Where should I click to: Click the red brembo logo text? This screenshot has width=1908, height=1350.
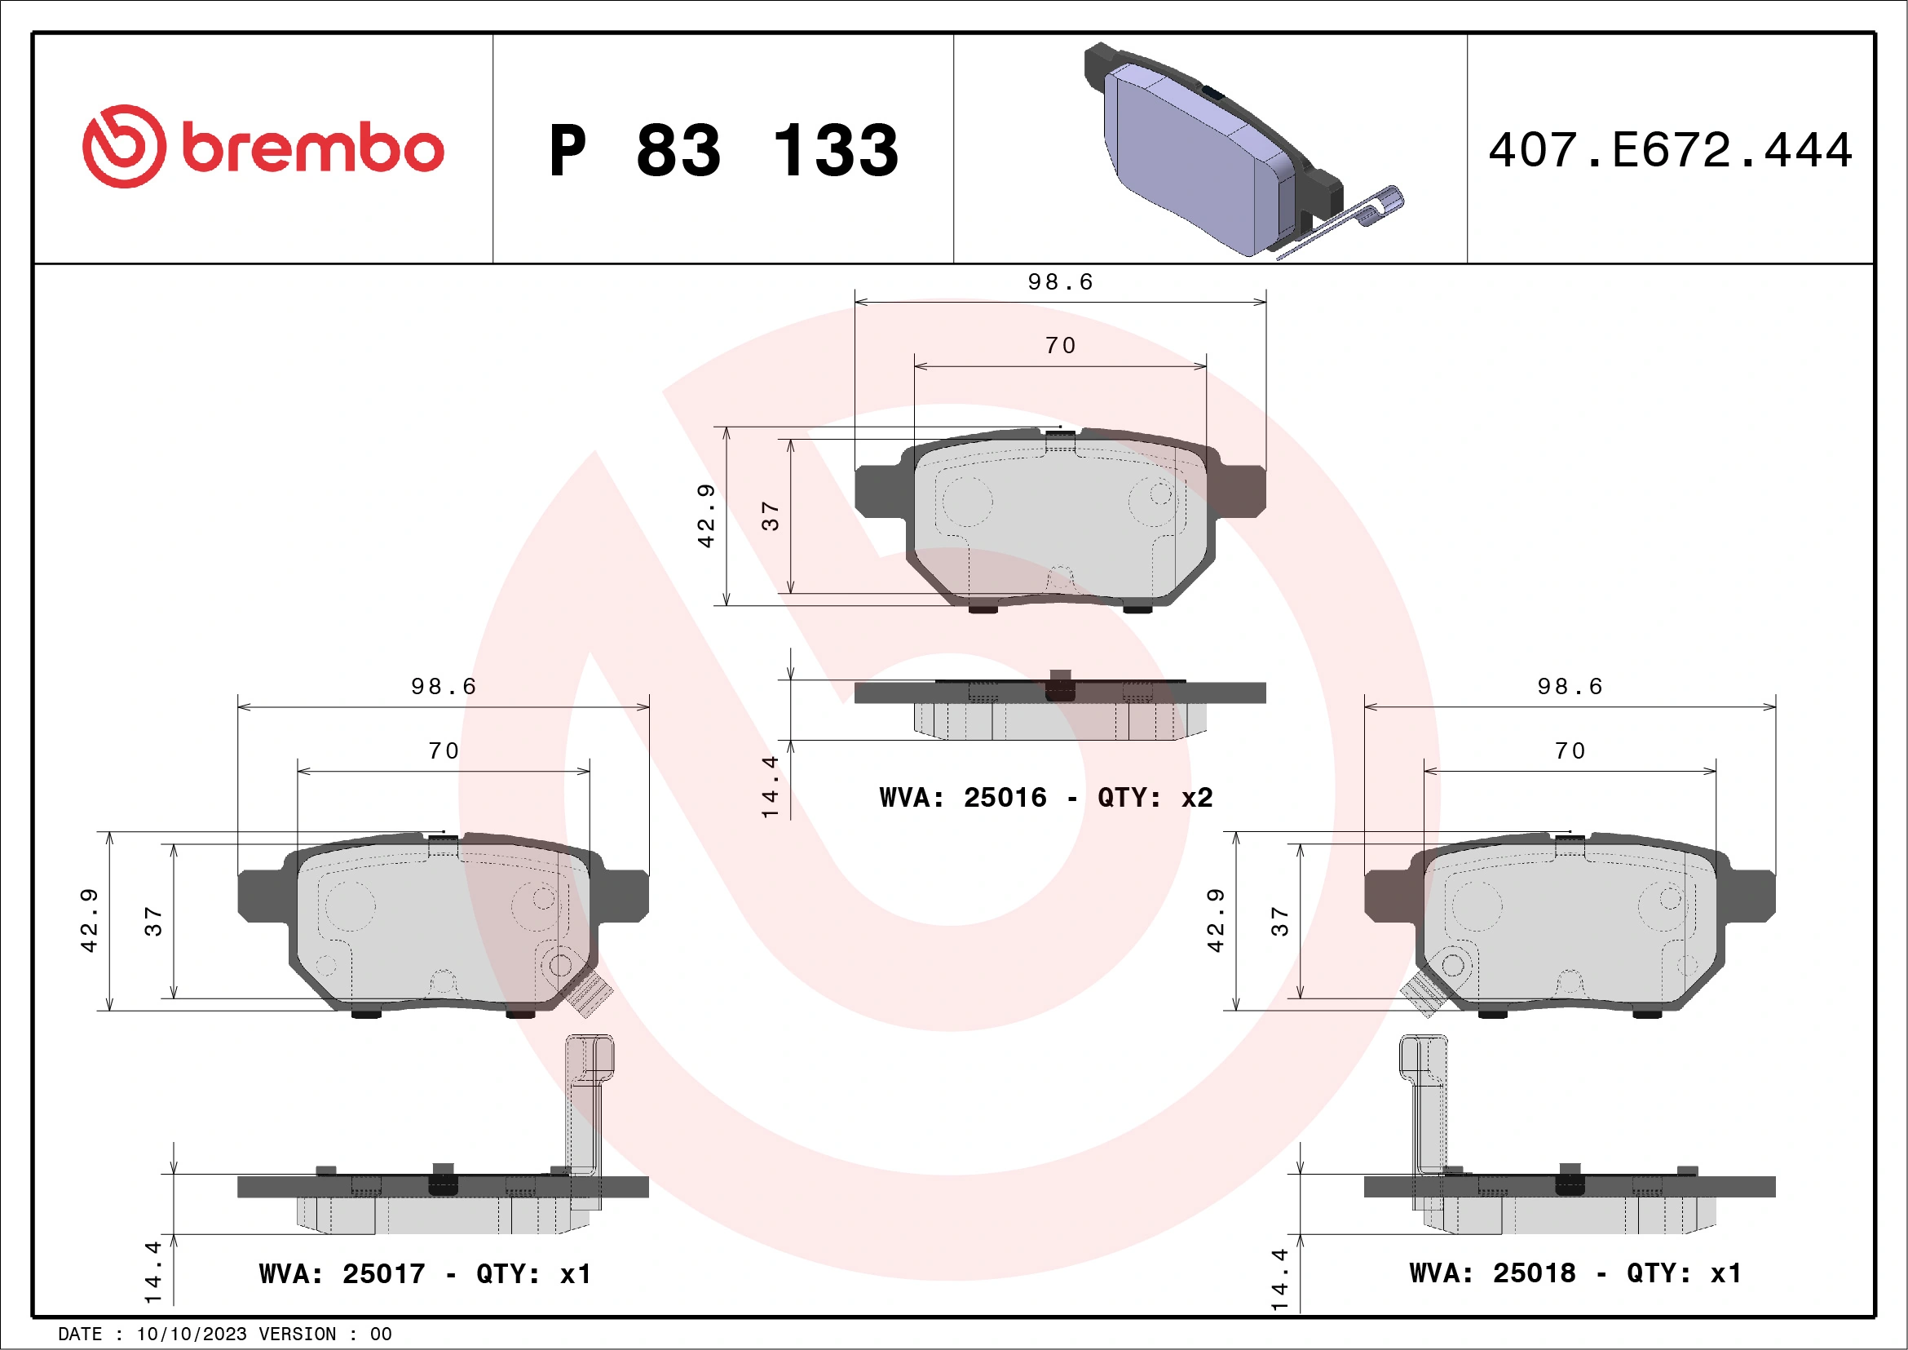tap(311, 149)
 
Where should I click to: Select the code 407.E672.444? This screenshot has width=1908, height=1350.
tap(1670, 150)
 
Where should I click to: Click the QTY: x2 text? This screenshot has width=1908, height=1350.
tap(1155, 798)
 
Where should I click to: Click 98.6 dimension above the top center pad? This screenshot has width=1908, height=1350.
tap(1059, 282)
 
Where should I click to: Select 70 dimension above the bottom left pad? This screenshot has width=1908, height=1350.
tap(444, 751)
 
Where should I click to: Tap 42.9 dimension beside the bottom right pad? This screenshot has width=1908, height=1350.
tap(1215, 920)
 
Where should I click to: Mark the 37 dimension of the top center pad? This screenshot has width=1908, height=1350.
tap(771, 516)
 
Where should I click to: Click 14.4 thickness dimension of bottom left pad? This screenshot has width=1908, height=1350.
tap(153, 1272)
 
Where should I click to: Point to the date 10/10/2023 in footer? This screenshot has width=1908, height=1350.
tap(191, 1335)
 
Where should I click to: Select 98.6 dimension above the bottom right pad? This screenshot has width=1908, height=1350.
tap(1569, 687)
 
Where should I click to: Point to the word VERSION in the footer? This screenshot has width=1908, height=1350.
tap(298, 1335)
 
